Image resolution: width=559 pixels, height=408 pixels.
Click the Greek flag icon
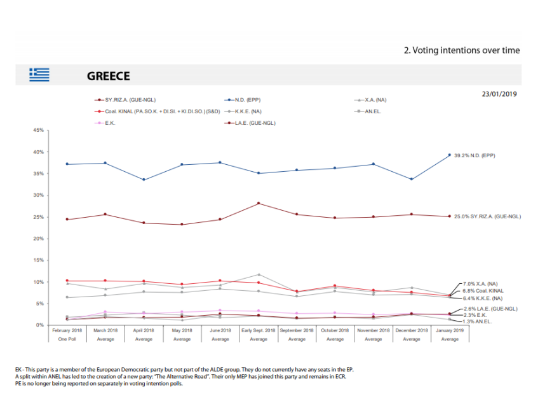point(39,75)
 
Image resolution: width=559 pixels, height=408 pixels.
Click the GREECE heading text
point(108,76)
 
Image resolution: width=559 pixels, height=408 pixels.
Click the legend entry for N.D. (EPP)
point(243,100)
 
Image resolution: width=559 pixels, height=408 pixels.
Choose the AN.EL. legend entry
point(368,111)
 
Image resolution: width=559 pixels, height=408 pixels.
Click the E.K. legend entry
point(105,123)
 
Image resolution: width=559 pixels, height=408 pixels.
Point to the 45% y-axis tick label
point(38,130)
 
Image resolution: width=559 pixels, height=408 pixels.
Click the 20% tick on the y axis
point(38,239)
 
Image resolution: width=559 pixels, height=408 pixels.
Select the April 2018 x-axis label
point(144,330)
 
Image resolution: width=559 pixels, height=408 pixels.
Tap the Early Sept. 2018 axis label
point(259,330)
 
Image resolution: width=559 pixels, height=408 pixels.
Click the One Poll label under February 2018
point(67,339)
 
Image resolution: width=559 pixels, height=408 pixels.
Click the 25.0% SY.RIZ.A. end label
point(487,216)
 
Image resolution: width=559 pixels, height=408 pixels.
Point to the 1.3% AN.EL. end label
point(478,321)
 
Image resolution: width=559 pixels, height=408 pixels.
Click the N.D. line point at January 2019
point(450,155)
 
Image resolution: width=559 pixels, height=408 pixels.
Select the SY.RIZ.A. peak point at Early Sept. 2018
point(259,203)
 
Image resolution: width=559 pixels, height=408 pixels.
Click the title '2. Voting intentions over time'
point(462,50)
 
